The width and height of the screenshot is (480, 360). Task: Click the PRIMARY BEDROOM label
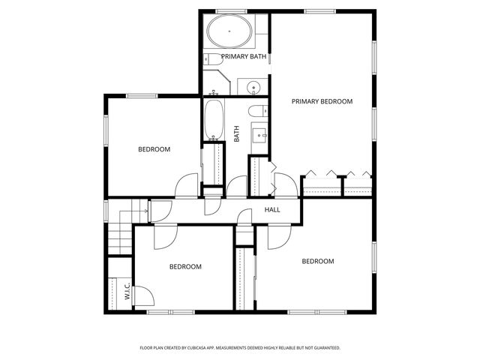click(322, 101)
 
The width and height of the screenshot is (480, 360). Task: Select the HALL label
click(272, 209)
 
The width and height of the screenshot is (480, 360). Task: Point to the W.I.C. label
click(127, 291)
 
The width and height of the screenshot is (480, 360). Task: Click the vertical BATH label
click(237, 133)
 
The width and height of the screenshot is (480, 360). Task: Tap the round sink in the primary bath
click(253, 88)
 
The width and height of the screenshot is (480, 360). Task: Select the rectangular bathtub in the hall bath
click(214, 120)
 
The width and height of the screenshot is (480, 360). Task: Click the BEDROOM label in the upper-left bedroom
click(154, 149)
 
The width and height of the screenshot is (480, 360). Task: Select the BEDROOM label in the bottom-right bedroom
click(317, 261)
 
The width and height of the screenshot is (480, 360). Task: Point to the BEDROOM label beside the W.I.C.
click(184, 266)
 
